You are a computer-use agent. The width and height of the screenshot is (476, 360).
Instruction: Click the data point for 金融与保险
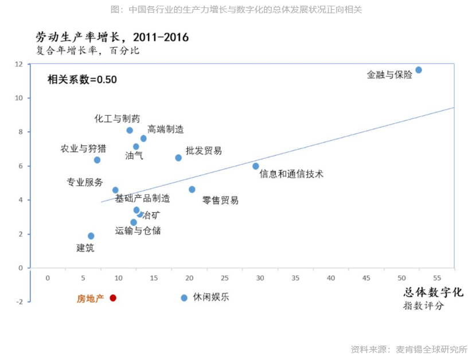click(419, 70)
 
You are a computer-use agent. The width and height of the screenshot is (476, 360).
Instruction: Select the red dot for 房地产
click(113, 298)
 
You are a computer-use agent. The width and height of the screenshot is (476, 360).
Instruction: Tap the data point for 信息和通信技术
click(256, 166)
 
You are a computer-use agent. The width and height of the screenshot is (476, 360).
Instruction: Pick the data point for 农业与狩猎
click(97, 160)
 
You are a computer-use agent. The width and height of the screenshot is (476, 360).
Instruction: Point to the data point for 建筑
click(91, 236)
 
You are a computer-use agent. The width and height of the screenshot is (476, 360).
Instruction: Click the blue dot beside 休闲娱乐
click(184, 298)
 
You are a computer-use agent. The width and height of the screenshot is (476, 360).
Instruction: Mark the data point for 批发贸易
click(178, 158)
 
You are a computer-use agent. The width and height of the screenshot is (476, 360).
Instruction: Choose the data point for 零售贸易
click(192, 189)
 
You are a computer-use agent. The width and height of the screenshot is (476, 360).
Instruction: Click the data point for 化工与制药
click(130, 130)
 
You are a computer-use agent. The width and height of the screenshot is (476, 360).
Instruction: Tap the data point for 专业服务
click(115, 190)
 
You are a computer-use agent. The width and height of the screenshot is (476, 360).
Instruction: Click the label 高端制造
click(166, 130)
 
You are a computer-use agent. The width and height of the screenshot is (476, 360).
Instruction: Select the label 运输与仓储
click(138, 230)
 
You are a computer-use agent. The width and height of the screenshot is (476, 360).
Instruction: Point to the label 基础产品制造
click(142, 198)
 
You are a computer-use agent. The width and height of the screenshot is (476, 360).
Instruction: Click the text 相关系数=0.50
click(82, 80)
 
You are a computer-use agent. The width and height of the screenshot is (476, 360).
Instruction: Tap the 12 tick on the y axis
click(19, 64)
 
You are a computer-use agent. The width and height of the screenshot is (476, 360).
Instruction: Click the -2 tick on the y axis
click(19, 302)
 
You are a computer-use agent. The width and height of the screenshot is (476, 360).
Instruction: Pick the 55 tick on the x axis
click(437, 278)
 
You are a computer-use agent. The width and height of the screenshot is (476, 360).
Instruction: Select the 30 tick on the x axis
click(260, 278)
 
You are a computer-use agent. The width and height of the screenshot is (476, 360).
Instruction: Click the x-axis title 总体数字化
click(433, 292)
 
